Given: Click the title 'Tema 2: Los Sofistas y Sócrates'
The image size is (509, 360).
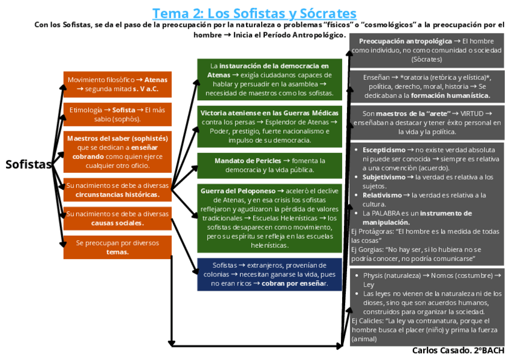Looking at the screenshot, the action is [x=254, y=13].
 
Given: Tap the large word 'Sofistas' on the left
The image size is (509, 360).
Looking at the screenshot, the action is [x=28, y=165].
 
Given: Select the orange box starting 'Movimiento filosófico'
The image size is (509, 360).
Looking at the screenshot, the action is [x=118, y=85].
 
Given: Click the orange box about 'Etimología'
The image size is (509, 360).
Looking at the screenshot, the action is [x=118, y=114].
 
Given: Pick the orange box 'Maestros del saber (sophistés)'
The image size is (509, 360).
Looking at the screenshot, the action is [x=118, y=152].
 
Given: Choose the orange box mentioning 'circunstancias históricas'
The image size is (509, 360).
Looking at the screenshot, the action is [x=118, y=190].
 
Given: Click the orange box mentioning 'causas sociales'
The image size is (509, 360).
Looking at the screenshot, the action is [x=118, y=218].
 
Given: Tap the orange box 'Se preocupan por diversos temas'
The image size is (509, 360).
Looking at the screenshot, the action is [x=118, y=247].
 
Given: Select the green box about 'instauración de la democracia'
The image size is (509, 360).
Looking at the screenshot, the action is [x=270, y=79].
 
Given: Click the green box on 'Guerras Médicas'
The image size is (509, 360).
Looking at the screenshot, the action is [x=270, y=126].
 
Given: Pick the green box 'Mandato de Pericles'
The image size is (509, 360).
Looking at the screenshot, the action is [x=270, y=165].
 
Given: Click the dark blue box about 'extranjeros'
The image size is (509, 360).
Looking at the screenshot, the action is [x=270, y=274].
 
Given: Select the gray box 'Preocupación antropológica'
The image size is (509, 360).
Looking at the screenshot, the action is [x=427, y=50].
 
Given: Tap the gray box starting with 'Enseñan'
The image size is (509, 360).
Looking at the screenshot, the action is [x=427, y=86].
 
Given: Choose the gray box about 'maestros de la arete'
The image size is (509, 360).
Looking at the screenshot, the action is [x=427, y=122].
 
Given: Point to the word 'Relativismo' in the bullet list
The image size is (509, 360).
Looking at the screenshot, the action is [x=383, y=195].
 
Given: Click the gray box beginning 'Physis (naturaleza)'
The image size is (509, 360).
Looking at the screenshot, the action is [x=427, y=307].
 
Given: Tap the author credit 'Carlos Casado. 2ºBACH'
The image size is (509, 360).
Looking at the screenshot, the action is [x=458, y=350].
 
